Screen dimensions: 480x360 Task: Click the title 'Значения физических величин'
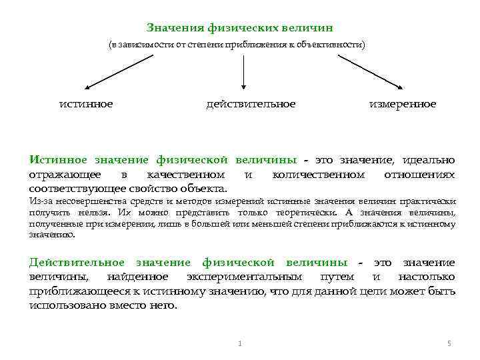[x=239, y=28]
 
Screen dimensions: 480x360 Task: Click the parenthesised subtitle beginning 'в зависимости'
[x=237, y=45]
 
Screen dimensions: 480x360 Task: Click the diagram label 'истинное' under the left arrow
[x=86, y=104]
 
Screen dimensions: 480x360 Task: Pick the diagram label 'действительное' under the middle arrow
[x=251, y=104]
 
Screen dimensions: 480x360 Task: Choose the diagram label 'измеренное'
[x=403, y=104]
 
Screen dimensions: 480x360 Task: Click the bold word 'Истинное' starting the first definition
[x=61, y=160]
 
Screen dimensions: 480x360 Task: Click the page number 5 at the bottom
[x=449, y=343]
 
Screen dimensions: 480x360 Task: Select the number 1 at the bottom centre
[x=239, y=343]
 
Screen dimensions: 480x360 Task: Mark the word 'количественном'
[x=318, y=175]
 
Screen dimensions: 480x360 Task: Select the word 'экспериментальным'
[x=244, y=277]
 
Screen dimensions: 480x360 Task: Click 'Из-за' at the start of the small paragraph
[x=38, y=201]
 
